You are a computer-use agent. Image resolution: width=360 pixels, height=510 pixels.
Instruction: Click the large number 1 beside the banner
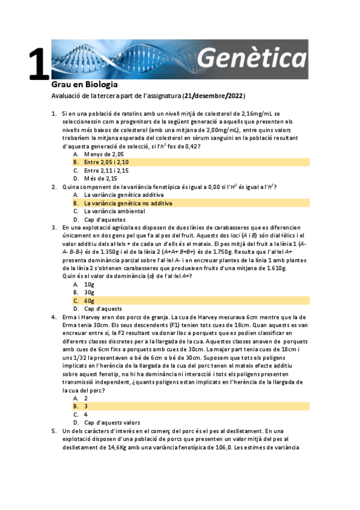[x=37, y=63]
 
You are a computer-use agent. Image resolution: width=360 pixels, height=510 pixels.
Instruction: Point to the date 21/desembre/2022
[x=214, y=96]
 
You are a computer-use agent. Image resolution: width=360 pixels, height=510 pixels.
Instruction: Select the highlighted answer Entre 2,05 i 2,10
[x=106, y=162]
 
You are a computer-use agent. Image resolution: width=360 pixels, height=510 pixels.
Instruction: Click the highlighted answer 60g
[x=89, y=301]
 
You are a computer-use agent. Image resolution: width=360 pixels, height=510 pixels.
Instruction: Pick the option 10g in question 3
[x=89, y=284]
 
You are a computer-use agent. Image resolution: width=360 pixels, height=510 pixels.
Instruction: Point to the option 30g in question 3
[x=89, y=292]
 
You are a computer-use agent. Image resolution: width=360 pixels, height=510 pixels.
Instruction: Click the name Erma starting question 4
[x=70, y=317]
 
